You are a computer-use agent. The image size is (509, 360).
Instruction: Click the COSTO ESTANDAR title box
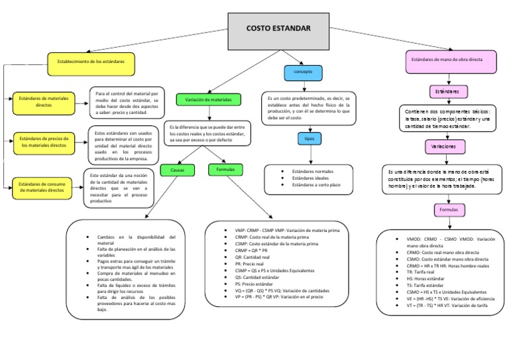[x=278, y=30]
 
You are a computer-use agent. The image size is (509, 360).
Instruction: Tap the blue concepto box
[x=303, y=71]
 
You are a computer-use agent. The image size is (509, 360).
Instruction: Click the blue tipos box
[x=309, y=139]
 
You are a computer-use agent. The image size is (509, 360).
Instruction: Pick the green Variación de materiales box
[x=208, y=99]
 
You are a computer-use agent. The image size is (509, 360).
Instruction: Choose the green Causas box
[x=177, y=170]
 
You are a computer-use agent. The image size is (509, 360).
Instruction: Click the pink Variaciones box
[x=443, y=145]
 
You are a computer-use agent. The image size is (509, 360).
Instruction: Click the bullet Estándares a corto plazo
[x=316, y=185]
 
